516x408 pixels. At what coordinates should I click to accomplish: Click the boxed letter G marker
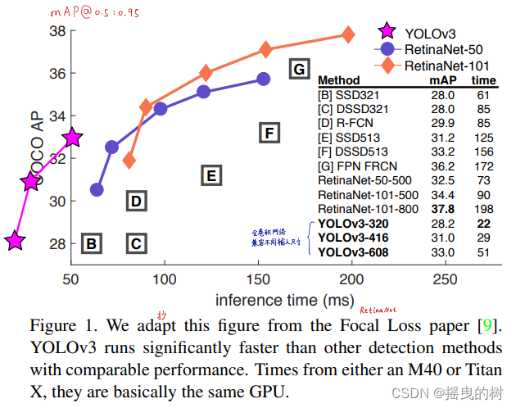coord(300,68)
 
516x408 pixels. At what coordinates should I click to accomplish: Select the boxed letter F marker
coord(269,132)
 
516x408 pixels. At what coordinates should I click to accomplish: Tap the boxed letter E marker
coord(210,175)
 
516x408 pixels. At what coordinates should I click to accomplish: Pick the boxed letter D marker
coord(136,201)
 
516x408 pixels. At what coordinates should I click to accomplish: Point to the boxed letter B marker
coord(92,243)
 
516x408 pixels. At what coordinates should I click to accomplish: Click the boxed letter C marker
coord(136,243)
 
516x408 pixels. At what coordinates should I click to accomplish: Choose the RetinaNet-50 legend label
coord(441,49)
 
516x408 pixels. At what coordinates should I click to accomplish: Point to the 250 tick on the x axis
coord(445,279)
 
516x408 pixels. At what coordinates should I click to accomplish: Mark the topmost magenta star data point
coord(72,138)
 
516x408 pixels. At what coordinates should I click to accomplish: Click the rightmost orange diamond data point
coord(348,34)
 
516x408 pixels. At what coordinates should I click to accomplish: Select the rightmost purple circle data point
coord(263,79)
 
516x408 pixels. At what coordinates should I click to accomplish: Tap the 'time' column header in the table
coord(483,80)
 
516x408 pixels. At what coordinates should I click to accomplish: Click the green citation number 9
coord(490,324)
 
